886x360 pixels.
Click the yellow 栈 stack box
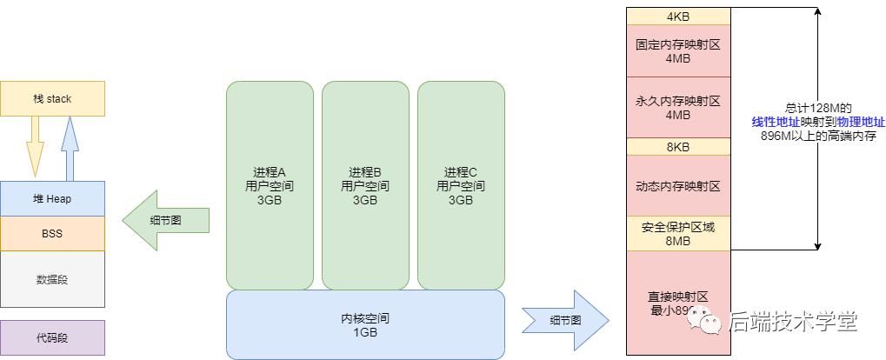[52, 99]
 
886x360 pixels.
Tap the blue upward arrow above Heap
[71, 148]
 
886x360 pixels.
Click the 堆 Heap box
[52, 199]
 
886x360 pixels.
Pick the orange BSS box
[52, 233]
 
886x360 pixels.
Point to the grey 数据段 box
[52, 279]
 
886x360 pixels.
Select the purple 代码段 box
[52, 337]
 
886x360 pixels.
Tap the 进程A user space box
[270, 186]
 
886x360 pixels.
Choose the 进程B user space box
[365, 186]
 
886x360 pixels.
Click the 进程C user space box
[461, 186]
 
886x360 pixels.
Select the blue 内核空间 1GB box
[365, 324]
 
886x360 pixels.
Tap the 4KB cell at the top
[678, 17]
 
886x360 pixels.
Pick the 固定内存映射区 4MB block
[678, 50]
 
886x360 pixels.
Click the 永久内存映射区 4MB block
[678, 108]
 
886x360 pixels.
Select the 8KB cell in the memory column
[678, 147]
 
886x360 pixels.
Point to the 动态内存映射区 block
[678, 186]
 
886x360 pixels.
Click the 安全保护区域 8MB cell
[678, 234]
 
